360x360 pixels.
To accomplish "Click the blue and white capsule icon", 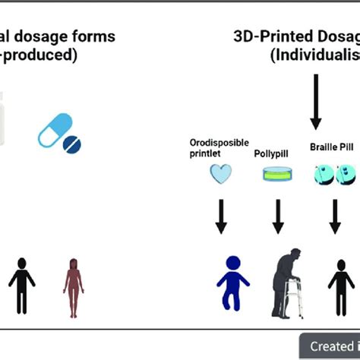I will click(55, 130).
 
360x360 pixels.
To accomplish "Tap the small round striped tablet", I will click(73, 144).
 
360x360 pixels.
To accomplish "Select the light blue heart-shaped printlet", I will click(220, 174).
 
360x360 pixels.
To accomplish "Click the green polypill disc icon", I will click(278, 175).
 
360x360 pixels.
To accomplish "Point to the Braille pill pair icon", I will click(335, 175).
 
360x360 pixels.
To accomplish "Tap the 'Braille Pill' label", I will click(331, 147).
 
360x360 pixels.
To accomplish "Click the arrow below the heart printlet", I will click(220, 215).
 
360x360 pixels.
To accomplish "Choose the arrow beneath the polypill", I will click(278, 215).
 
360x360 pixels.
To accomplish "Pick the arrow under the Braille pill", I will click(335, 215).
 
